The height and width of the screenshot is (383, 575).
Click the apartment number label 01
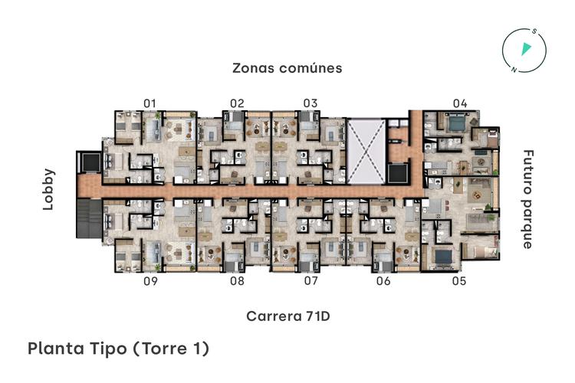(x=149, y=103)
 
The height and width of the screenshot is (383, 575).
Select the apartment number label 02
(x=237, y=103)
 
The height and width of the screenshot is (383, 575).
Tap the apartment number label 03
(x=310, y=103)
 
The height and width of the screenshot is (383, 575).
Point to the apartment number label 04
(x=459, y=103)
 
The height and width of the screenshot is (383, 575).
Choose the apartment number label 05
(x=458, y=281)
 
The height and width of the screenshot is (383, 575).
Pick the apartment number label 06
(x=383, y=281)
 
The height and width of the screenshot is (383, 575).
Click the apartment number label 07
(x=310, y=281)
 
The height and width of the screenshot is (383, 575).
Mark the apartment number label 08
(x=237, y=281)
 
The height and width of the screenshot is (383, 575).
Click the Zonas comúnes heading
(x=287, y=68)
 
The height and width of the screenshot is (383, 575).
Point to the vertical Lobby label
(x=50, y=189)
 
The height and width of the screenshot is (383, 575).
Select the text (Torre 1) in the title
(x=171, y=349)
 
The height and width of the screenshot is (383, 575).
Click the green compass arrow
(x=526, y=50)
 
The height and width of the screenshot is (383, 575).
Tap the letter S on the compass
(x=535, y=33)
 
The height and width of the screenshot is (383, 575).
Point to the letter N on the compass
(x=514, y=68)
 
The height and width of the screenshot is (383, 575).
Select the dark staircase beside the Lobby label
(x=90, y=219)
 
